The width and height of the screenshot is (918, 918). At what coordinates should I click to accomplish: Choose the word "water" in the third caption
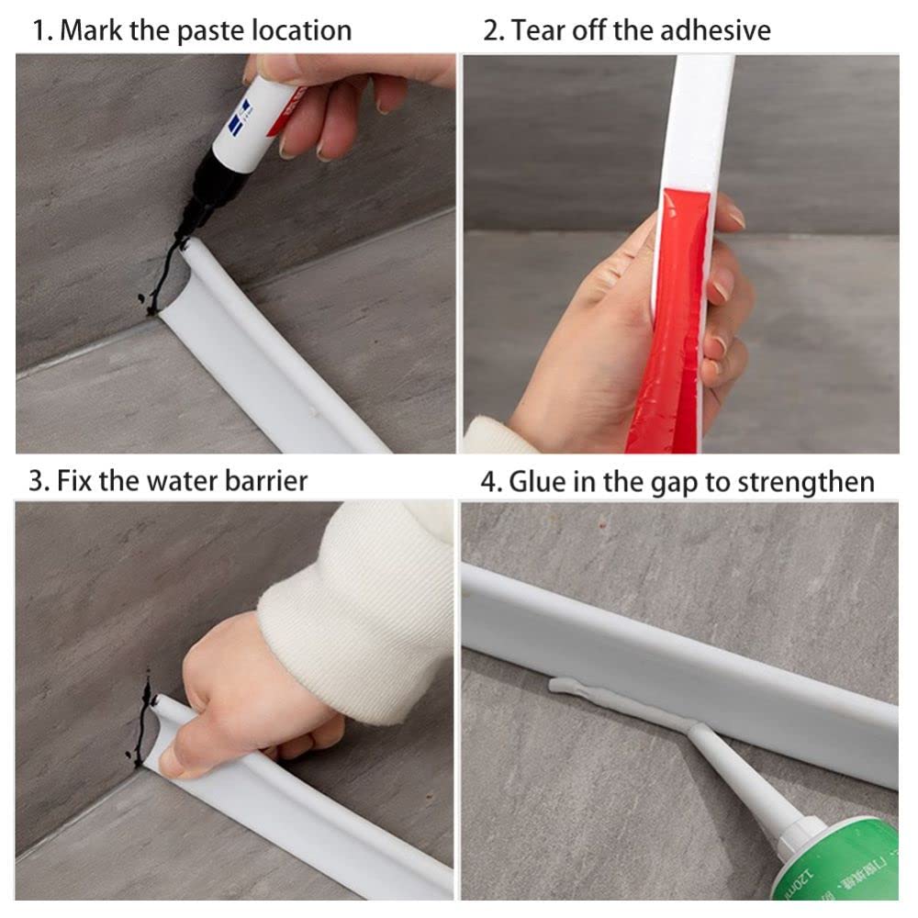182,481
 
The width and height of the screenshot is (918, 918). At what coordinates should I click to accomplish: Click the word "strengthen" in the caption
806,484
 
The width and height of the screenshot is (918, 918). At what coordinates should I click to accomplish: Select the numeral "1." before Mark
43,31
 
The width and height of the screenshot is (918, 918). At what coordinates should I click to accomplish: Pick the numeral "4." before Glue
492,483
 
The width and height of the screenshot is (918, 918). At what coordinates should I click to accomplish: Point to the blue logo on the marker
240,116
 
